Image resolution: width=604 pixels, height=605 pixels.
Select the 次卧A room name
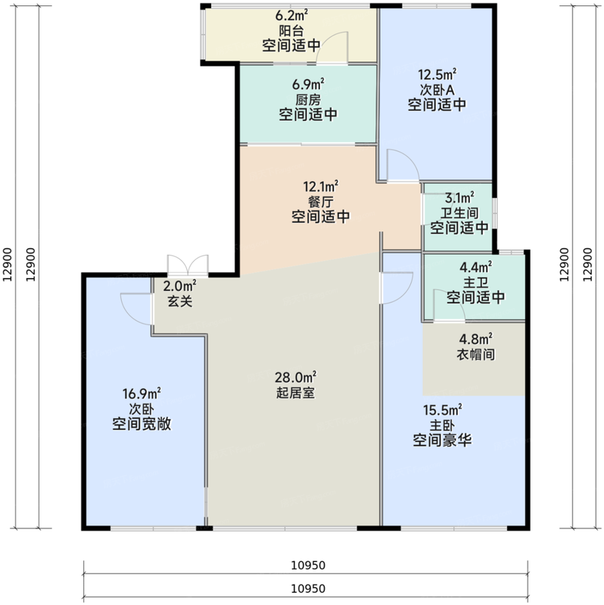(437, 89)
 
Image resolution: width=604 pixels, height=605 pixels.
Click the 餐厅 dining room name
(321, 201)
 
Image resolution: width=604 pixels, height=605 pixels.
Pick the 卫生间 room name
(459, 212)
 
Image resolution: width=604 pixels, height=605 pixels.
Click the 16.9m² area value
(142, 393)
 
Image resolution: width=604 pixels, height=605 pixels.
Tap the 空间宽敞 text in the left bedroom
(142, 424)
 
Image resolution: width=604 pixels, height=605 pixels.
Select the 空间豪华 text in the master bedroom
(443, 439)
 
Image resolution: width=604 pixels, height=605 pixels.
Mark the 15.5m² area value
(443, 410)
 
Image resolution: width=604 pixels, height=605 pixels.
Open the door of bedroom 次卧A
(398, 166)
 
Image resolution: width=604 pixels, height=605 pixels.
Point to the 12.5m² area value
(437, 74)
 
